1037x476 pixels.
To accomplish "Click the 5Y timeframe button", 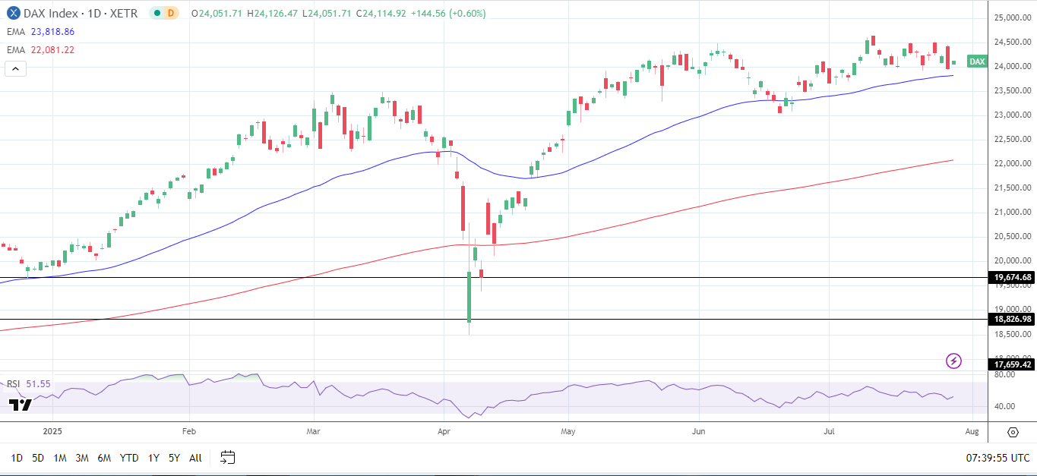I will pos(174,458).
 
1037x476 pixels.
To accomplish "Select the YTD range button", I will pos(129,458).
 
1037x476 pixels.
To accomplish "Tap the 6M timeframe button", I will pos(104,458).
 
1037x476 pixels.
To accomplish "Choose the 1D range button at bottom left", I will pos(17,458).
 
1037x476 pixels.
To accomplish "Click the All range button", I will pos(195,458).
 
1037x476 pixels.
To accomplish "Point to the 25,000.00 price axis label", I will pos(1012,18).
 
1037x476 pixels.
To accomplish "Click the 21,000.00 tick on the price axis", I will pos(1012,213).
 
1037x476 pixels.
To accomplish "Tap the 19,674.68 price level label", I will pos(1013,278).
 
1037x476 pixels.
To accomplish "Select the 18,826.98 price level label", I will pos(1013,319).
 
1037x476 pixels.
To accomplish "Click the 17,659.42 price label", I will pos(1013,365).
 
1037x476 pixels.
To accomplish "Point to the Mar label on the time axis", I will pos(314,432).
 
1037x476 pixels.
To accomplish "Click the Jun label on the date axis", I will pos(699,432).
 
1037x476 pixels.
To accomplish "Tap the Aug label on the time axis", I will pos(972,432).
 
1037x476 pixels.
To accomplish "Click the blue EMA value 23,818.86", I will pos(53,32).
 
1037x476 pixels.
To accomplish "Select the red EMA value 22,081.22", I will pos(53,50).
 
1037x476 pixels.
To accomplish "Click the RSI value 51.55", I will pos(38,384).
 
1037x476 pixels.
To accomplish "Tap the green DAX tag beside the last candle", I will pos(977,61).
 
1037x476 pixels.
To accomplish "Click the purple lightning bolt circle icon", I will pos(953,361).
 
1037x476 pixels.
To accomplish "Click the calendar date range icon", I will pos(228,457).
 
